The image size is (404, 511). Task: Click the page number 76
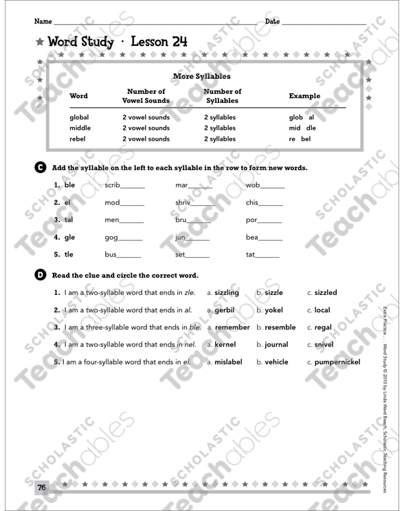tap(41, 488)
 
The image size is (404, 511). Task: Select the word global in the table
tap(79, 117)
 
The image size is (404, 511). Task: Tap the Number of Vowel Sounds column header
tap(146, 96)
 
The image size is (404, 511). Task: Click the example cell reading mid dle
tap(302, 128)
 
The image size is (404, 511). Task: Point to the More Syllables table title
tap(202, 77)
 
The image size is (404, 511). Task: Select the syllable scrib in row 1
tap(112, 185)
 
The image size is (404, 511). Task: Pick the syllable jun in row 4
tap(181, 237)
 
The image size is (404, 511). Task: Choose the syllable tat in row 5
tap(250, 254)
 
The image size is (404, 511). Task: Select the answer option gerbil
tap(224, 310)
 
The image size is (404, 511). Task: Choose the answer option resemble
tap(280, 327)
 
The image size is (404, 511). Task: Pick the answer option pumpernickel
tap(337, 361)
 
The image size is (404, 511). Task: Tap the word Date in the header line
tap(272, 21)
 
